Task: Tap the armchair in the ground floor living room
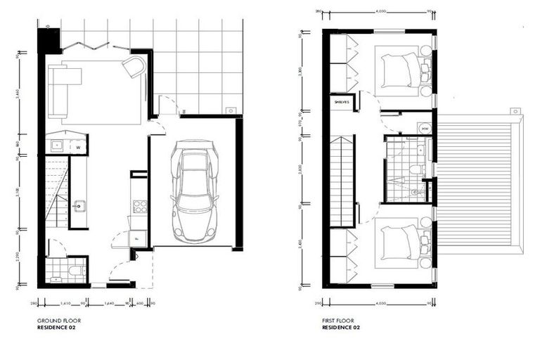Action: pyautogui.click(x=134, y=67)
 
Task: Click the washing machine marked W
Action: pyautogui.click(x=78, y=147)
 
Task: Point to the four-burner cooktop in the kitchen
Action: pyautogui.click(x=139, y=206)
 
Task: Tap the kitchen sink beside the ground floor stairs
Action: pyautogui.click(x=79, y=206)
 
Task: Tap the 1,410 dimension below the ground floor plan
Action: pyautogui.click(x=65, y=303)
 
